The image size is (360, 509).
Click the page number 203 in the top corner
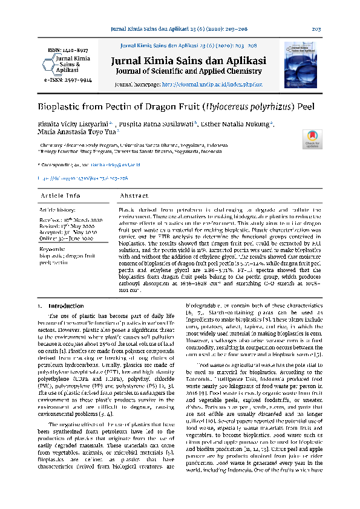tap(315, 29)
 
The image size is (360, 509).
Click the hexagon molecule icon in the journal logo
tap(47, 63)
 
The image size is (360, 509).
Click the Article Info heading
tap(60, 196)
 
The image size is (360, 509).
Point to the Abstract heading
tap(134, 196)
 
